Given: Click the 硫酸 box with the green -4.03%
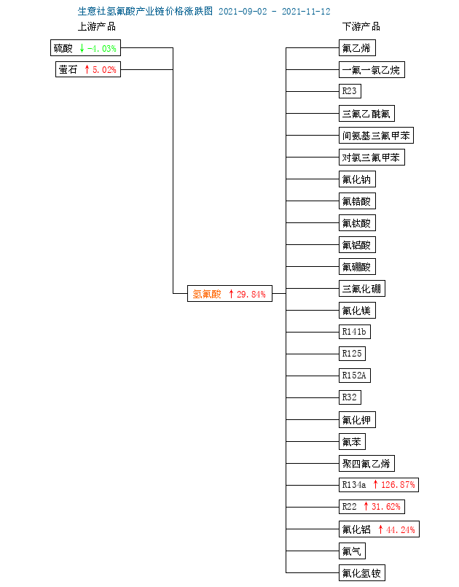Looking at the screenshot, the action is [x=85, y=48].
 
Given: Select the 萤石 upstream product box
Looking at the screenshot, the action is [x=88, y=69].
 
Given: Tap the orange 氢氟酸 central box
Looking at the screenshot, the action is [x=229, y=293].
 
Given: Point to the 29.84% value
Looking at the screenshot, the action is [x=251, y=295].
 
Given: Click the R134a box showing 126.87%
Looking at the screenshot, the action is [x=379, y=485].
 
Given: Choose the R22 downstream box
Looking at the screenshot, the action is [x=372, y=507].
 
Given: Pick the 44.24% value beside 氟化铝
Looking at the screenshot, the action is [x=400, y=529].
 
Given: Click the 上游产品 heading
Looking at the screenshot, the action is [x=96, y=26].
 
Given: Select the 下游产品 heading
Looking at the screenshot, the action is [x=361, y=26].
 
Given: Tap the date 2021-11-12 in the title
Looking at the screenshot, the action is [x=306, y=11].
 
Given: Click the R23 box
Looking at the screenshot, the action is [x=350, y=91].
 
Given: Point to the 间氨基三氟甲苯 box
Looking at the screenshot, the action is [x=376, y=136].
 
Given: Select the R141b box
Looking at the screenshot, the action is [x=355, y=332].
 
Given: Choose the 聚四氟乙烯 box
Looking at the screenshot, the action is [x=366, y=464].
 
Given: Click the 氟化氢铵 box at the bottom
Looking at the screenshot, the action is [x=362, y=573].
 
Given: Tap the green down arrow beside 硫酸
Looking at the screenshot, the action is [x=82, y=48].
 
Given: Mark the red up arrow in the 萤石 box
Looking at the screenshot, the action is [x=87, y=69].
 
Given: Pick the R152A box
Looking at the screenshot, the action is [x=355, y=376].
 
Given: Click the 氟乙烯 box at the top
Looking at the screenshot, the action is [x=357, y=48].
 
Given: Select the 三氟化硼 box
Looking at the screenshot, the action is [x=362, y=289].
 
